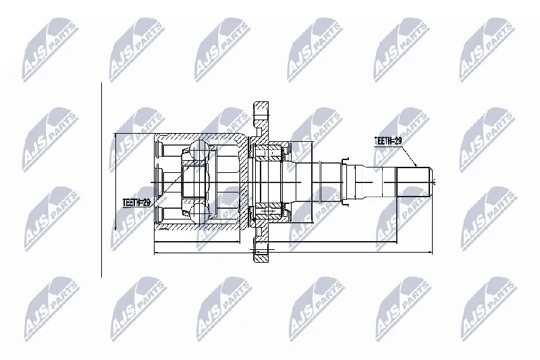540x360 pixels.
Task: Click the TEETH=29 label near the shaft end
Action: click(388, 141)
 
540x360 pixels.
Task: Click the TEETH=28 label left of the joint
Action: click(137, 203)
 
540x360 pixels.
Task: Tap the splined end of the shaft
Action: click(414, 182)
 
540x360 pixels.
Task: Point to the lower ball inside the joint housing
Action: click(198, 213)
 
